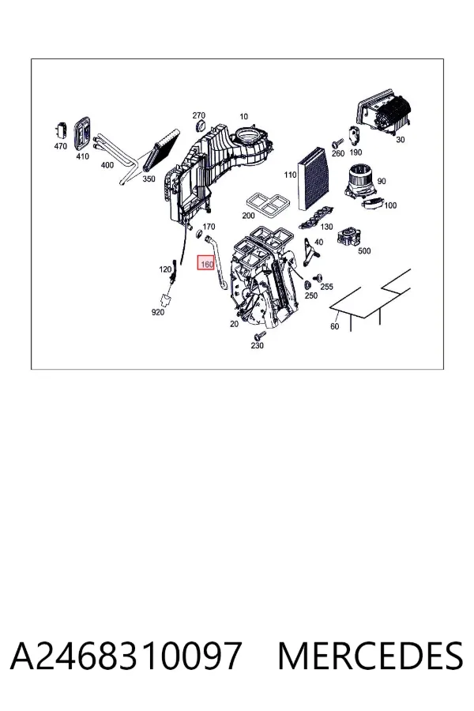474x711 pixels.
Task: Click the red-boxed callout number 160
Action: pyautogui.click(x=206, y=264)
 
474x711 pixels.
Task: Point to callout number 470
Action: pyautogui.click(x=60, y=146)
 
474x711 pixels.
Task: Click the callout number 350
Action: pyautogui.click(x=149, y=179)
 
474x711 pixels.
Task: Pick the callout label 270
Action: pyautogui.click(x=198, y=115)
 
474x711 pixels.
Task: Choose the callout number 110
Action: pyautogui.click(x=290, y=175)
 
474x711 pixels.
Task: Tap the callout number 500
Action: pyautogui.click(x=364, y=250)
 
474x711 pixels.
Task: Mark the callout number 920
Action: pyautogui.click(x=157, y=312)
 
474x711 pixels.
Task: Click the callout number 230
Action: pyautogui.click(x=258, y=345)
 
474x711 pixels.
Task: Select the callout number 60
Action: pyautogui.click(x=335, y=326)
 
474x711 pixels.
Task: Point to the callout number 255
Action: pyautogui.click(x=326, y=287)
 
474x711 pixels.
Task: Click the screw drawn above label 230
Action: pyautogui.click(x=259, y=336)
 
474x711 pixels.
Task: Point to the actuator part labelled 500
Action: pyautogui.click(x=349, y=237)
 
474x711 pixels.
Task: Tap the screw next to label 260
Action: pyautogui.click(x=336, y=144)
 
